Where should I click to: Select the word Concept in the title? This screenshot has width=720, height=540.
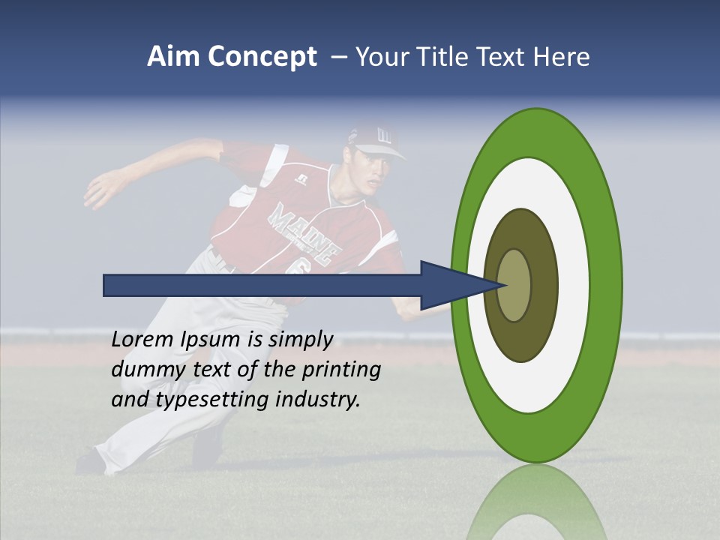262,57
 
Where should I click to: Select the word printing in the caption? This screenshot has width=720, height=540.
342,370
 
